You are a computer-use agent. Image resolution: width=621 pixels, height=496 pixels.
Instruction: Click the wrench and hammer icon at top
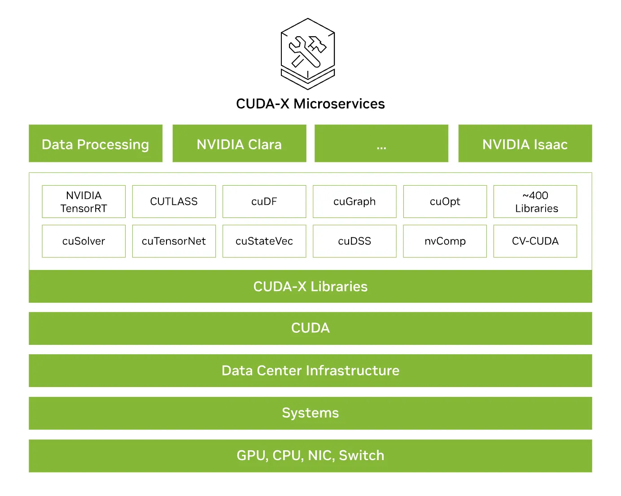(x=308, y=53)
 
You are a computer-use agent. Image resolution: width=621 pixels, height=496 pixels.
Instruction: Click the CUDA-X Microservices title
(x=310, y=104)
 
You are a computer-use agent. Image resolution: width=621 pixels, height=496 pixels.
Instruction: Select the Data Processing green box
(x=96, y=144)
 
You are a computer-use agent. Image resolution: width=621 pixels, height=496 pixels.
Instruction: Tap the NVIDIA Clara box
(x=239, y=144)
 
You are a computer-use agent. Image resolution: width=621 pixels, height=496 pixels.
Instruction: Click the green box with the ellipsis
(x=381, y=144)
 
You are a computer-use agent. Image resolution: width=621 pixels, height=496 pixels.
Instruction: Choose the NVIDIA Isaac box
(x=525, y=144)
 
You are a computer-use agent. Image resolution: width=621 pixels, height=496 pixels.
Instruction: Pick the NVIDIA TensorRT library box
(x=84, y=202)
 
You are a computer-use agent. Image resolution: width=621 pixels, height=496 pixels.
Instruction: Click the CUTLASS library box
(x=174, y=202)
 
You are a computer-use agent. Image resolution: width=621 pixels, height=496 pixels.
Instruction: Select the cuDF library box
(x=264, y=202)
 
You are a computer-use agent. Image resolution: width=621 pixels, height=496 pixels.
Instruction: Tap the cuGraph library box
(x=354, y=202)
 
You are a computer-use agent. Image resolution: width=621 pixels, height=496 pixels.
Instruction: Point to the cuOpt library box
(x=445, y=202)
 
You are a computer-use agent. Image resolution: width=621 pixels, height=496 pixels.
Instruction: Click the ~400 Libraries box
(x=535, y=202)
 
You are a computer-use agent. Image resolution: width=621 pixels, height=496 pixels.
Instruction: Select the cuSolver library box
(x=84, y=241)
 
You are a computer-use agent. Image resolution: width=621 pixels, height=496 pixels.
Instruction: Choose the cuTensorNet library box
(x=174, y=241)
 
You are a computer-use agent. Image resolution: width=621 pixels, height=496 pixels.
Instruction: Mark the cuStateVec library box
(x=264, y=241)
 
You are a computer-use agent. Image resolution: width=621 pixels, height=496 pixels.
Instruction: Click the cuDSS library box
(x=354, y=241)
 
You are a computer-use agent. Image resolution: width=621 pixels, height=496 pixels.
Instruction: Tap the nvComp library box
(x=445, y=241)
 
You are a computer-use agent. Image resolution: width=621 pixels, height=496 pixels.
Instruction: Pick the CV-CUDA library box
(x=535, y=241)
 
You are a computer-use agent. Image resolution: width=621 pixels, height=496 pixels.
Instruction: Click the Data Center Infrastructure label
(x=310, y=371)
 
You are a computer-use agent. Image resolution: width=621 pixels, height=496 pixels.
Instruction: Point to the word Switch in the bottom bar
(x=361, y=456)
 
